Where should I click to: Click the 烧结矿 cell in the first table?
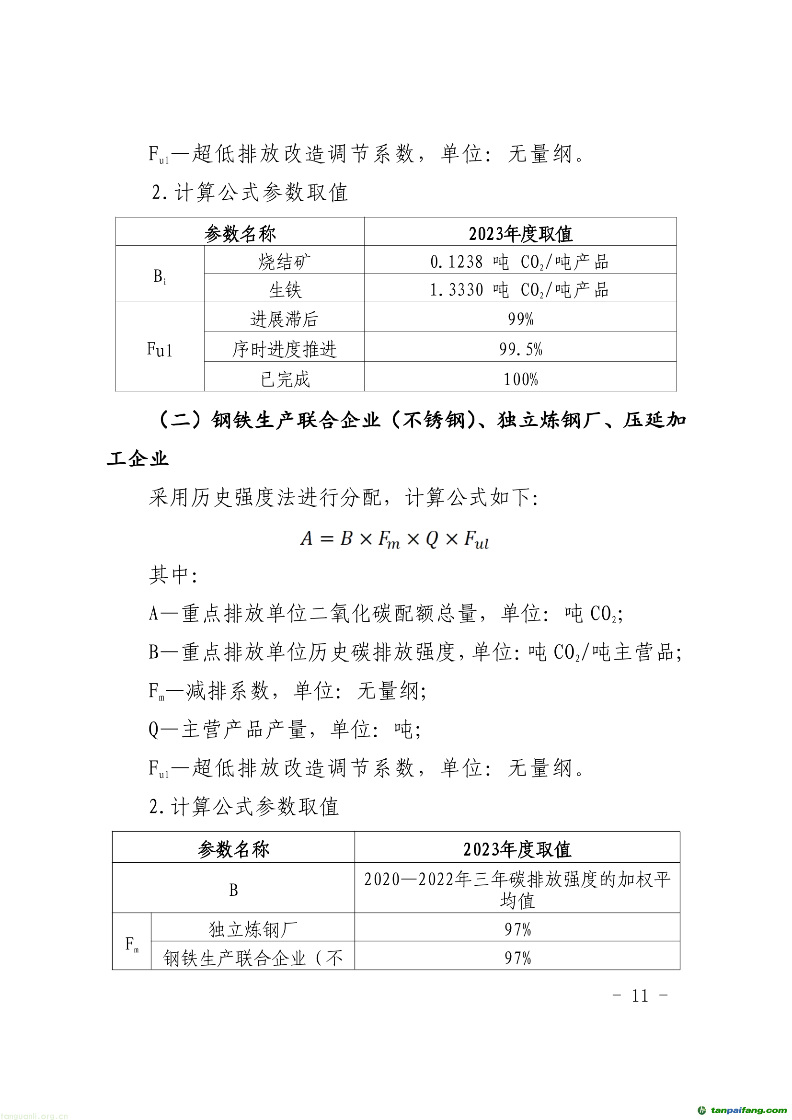pos(284,262)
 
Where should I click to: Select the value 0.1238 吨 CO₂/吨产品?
pos(519,262)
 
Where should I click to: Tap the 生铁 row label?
pos(285,290)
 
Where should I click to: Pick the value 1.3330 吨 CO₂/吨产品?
pos(519,290)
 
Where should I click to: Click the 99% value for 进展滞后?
pos(520,319)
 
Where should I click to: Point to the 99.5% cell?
pos(520,349)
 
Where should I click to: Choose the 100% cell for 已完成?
pos(520,379)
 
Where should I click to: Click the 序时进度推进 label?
pos(284,349)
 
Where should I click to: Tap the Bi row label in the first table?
pos(160,276)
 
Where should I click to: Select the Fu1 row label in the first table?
pos(160,349)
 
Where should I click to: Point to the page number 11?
pos(640,995)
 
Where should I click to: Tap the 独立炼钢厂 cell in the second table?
pos(253,929)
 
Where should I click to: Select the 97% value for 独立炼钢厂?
pos(517,929)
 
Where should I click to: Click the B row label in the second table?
pos(233,890)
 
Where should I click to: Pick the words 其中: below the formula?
pos(173,575)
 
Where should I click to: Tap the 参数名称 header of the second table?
pos(233,849)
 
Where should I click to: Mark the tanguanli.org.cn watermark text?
pos(34,1115)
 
